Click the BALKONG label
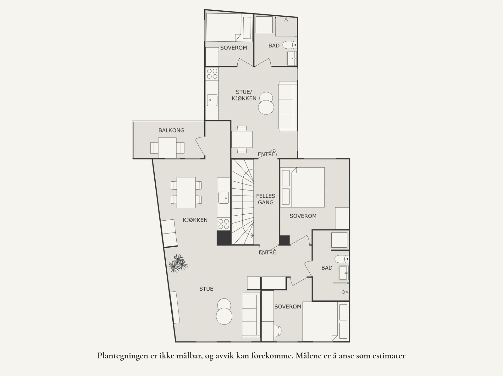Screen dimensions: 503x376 (x=171, y=130)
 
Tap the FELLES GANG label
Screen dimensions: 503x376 (x=266, y=199)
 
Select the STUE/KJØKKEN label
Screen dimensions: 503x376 (x=244, y=95)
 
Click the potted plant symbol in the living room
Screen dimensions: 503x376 (x=178, y=263)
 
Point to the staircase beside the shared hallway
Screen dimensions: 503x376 (x=242, y=202)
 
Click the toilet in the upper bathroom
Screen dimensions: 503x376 (x=290, y=45)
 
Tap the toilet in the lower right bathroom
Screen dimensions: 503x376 (x=342, y=259)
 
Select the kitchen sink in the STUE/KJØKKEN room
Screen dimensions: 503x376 (x=212, y=100)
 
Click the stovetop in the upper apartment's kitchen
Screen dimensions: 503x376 (x=212, y=74)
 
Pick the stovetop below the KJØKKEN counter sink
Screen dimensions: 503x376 (x=224, y=224)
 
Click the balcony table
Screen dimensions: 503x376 (x=167, y=148)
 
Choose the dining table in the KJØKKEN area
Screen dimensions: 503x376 (x=186, y=192)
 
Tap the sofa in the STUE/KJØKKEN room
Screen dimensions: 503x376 (x=288, y=107)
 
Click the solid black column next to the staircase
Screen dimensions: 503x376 (x=224, y=238)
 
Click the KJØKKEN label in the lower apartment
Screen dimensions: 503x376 (x=195, y=220)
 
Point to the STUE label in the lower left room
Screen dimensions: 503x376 (x=206, y=289)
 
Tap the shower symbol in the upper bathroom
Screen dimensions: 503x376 (x=286, y=19)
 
